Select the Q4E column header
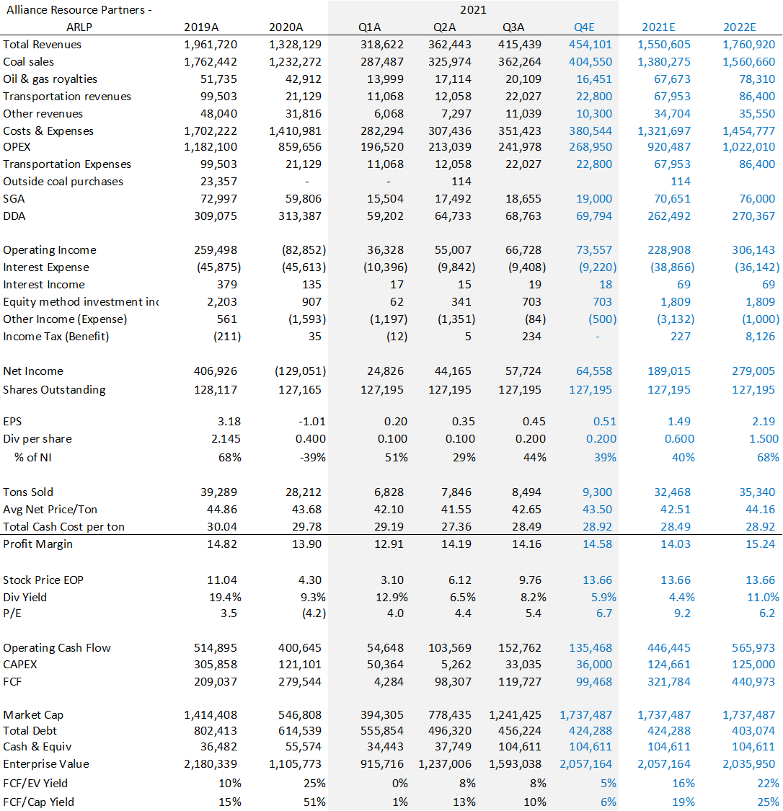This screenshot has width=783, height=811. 584,27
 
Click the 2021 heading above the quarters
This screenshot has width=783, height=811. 473,10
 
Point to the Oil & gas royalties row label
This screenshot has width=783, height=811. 50,79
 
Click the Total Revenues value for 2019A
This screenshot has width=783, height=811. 211,45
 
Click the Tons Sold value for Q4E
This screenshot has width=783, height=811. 597,492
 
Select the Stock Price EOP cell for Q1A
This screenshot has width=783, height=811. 391,580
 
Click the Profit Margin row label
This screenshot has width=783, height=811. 37,544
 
